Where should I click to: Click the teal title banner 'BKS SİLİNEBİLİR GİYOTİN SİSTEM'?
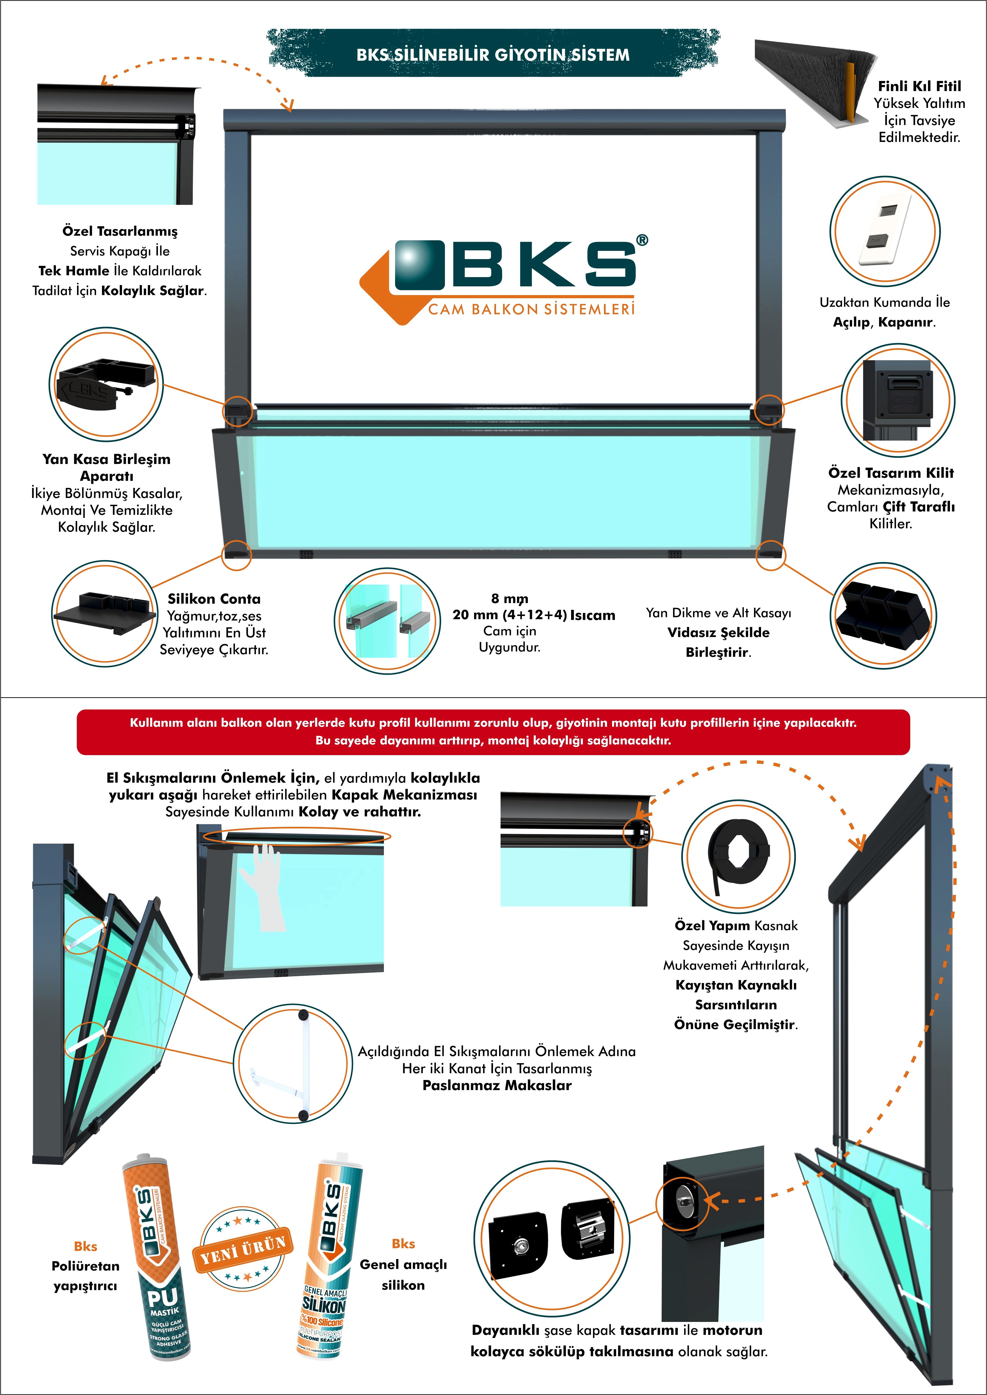coord(493,54)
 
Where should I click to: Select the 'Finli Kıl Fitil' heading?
coord(919,86)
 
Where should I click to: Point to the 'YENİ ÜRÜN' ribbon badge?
coord(243,1250)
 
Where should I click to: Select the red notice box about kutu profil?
coord(493,732)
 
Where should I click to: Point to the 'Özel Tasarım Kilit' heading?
coord(890,473)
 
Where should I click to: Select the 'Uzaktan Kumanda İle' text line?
coord(884,302)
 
